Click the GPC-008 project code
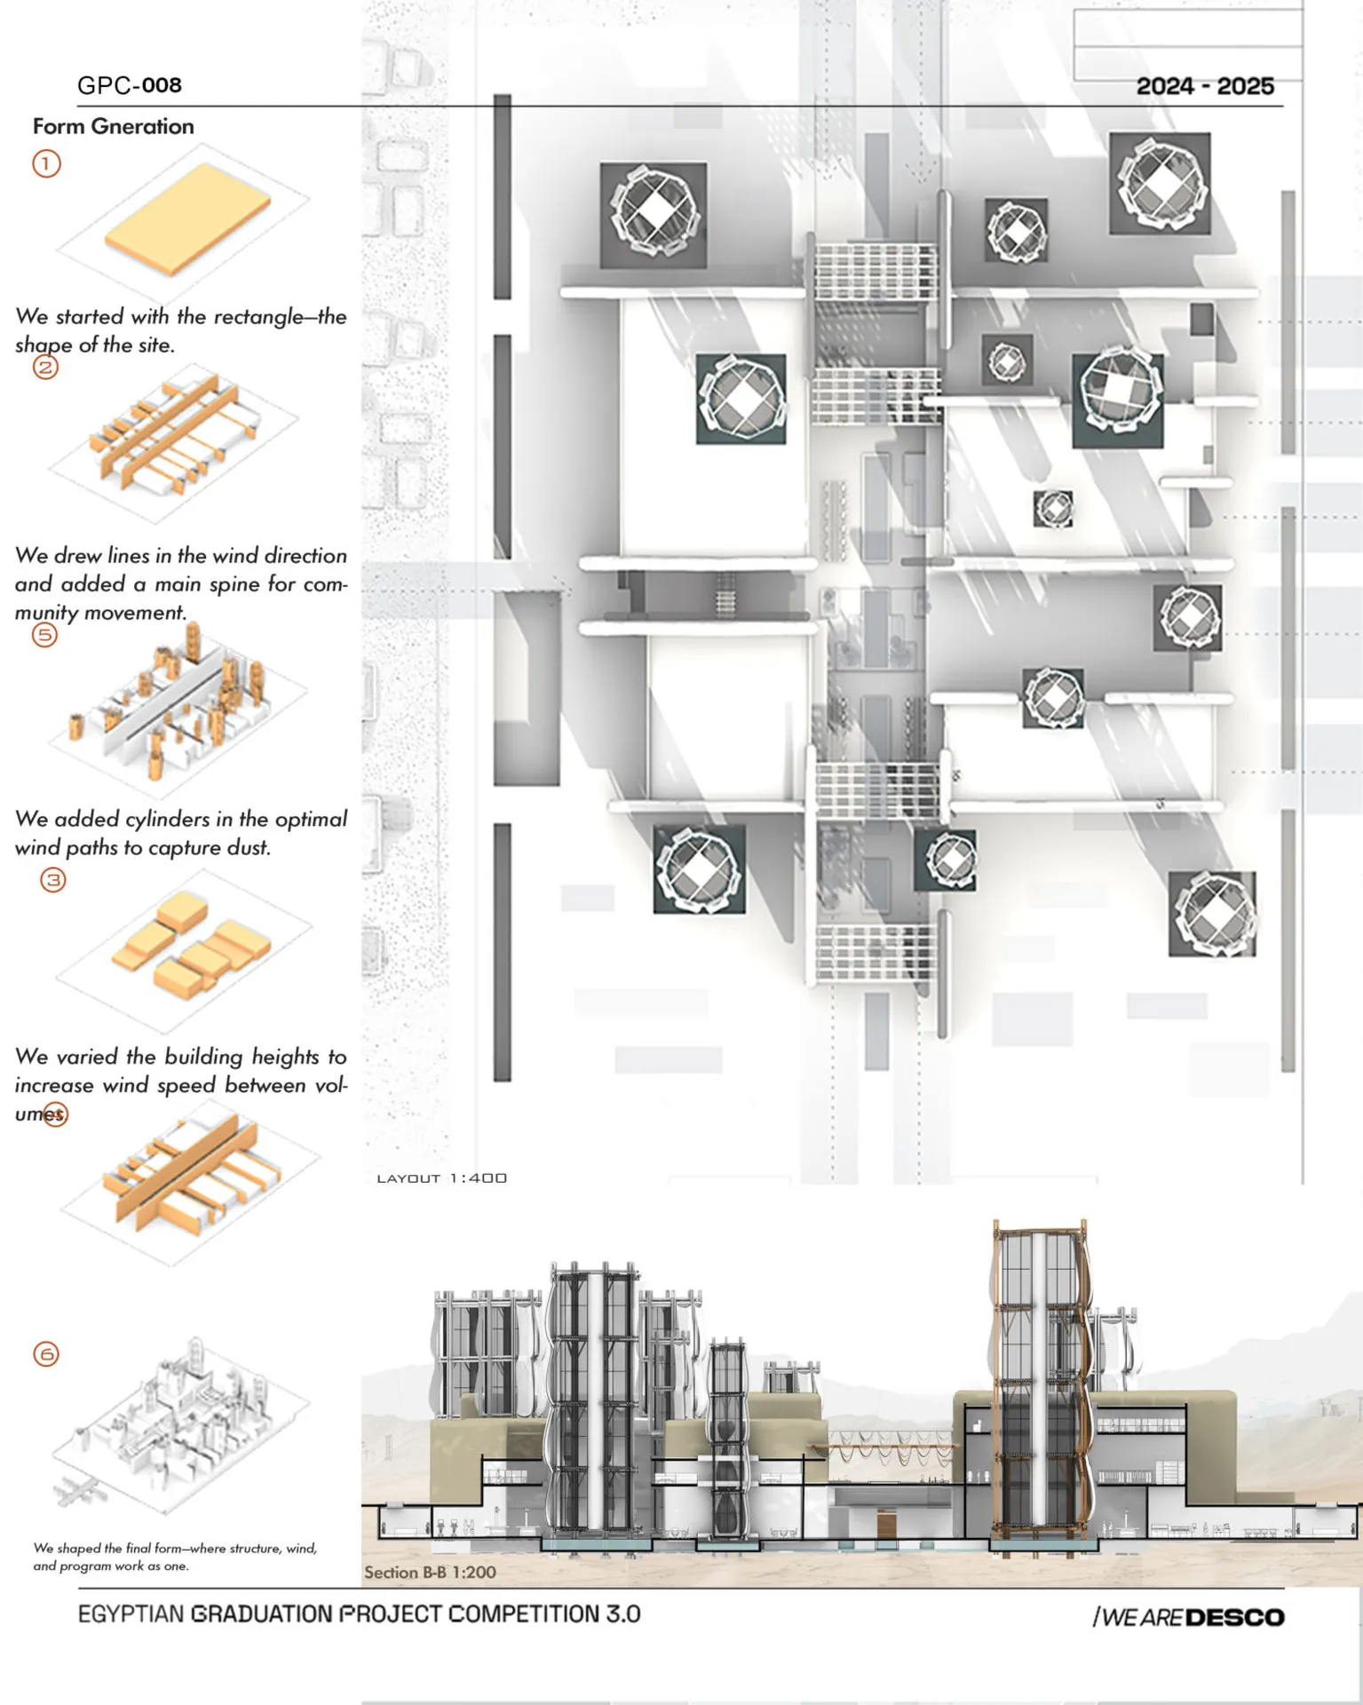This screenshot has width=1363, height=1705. tap(130, 85)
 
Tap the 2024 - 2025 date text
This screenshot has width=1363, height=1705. tap(1205, 86)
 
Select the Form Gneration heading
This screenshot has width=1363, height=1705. tap(114, 126)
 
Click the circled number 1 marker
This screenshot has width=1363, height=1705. tap(46, 163)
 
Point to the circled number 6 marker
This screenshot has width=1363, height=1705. tap(46, 1354)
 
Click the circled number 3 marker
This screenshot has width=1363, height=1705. tap(53, 880)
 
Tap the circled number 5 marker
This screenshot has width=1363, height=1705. tap(44, 635)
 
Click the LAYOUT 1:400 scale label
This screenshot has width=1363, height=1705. tap(442, 1178)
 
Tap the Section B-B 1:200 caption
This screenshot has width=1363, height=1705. tap(430, 1572)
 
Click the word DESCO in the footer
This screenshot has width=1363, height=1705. tap(1235, 1618)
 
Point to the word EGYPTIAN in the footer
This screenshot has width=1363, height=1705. tap(131, 1614)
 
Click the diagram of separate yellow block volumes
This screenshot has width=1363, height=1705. tap(191, 946)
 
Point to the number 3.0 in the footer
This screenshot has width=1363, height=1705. tap(622, 1614)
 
